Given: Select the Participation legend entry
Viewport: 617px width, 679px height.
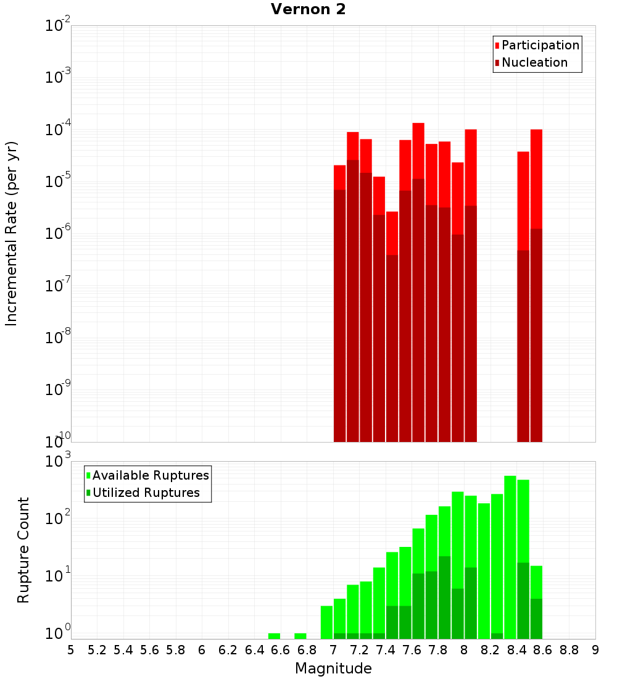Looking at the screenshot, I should pos(540,45).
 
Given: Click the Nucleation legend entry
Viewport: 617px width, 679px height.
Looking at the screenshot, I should pos(534,62).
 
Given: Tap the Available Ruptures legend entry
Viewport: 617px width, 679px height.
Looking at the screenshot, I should pos(151,475).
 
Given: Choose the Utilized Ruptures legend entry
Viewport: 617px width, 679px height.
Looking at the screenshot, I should pos(146,493).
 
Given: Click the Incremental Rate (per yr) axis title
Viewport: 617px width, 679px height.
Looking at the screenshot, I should pos(11,233).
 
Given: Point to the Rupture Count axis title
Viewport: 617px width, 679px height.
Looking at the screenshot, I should pos(23,550).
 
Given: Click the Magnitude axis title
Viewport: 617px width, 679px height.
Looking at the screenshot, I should pos(333,669).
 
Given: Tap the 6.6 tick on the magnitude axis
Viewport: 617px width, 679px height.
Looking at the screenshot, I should pos(281,650).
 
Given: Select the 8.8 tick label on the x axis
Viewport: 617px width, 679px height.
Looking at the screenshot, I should pos(569,650).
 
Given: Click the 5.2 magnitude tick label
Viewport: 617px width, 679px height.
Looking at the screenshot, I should pos(97,650).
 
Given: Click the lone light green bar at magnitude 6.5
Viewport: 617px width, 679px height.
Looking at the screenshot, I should pos(274,636).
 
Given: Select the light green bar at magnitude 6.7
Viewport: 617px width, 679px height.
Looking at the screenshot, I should pos(300,636).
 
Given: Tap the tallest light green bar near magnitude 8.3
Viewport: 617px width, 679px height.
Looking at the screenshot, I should pos(510,556).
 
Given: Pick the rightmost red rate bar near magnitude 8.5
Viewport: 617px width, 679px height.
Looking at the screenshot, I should pos(536,284).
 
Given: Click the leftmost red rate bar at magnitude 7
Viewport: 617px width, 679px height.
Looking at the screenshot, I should pos(339,302).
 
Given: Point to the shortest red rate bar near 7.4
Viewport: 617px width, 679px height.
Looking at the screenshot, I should pos(392,327).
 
